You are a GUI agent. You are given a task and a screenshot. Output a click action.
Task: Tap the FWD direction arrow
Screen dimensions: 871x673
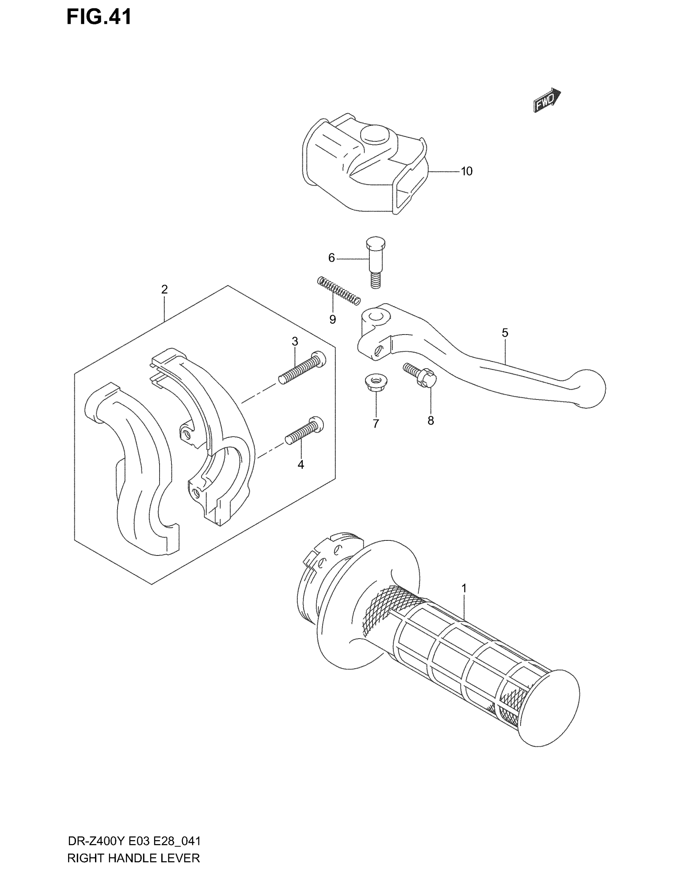[x=547, y=100]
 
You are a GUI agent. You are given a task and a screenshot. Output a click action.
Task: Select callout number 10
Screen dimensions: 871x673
[x=466, y=171]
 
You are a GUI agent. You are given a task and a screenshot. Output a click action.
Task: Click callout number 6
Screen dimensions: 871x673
[x=331, y=258]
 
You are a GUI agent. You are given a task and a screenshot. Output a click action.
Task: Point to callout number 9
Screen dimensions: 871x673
[x=333, y=319]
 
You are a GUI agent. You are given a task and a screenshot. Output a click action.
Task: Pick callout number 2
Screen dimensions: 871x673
[x=164, y=289]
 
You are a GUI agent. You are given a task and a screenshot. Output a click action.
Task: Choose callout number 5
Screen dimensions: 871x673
[x=505, y=333]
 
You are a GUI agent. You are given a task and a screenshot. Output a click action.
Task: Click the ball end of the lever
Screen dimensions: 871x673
[x=589, y=388]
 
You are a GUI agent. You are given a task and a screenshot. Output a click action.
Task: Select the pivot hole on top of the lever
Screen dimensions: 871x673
[x=375, y=317]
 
